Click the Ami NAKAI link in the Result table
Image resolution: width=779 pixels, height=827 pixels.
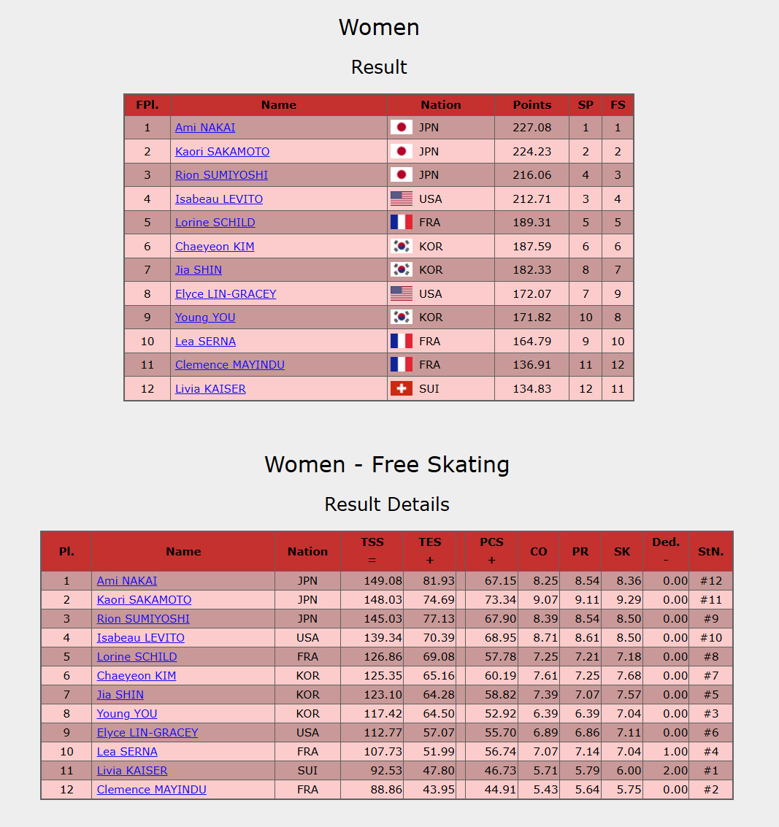[205, 128]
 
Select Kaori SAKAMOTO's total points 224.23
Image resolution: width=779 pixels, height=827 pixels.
[532, 152]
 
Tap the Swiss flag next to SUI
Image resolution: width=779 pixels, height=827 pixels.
[402, 389]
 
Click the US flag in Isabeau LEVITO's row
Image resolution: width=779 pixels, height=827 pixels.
[402, 199]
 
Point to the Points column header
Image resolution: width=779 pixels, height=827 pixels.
[532, 105]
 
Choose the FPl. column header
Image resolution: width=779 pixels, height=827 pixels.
[147, 105]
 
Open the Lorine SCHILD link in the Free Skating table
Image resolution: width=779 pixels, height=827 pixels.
[137, 657]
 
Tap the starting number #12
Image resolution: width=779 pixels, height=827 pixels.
[710, 581]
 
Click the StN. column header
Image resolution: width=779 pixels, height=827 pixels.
[710, 552]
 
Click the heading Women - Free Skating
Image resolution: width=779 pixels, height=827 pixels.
[387, 465]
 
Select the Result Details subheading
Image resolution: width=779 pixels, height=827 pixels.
[387, 504]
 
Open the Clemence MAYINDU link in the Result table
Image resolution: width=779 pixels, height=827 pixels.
[230, 365]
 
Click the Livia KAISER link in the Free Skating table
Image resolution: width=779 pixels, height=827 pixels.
[132, 771]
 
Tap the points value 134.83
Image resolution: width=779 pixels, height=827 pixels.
[532, 389]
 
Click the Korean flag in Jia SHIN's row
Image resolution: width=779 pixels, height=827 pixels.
[402, 270]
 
